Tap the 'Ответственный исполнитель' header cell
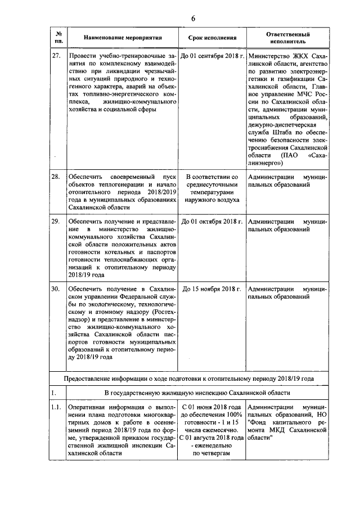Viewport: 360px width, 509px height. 287,38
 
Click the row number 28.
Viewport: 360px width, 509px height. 56,176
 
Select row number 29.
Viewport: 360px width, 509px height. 56,222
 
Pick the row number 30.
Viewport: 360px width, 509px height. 56,289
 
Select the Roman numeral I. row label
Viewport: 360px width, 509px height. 53,392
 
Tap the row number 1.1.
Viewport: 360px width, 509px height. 56,406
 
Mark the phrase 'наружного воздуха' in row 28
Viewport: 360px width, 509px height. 211,200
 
